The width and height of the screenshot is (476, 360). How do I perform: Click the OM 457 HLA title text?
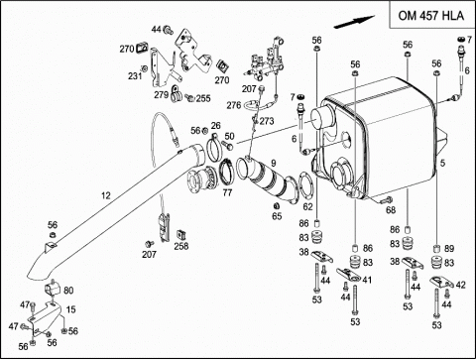431,16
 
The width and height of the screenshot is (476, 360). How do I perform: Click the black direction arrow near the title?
354,22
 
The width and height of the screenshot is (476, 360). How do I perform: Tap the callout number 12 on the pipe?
105,195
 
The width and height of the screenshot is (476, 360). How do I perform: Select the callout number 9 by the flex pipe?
274,163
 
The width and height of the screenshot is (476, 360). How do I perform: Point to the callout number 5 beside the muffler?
442,163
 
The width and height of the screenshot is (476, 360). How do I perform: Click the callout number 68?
391,210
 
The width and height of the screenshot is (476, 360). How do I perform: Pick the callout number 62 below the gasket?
307,207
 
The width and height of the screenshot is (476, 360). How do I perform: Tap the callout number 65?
277,216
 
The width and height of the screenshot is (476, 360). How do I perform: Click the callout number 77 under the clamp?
227,192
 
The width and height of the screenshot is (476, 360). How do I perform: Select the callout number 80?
68,291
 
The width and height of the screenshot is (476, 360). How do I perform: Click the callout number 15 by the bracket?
71,309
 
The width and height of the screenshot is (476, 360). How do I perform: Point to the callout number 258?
181,246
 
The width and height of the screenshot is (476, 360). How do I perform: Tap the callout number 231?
135,76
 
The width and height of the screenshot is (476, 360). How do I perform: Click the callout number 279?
162,95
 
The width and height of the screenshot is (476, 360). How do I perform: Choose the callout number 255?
203,98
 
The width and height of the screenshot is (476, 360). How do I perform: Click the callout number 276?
234,105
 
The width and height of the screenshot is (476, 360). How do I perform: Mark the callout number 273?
267,121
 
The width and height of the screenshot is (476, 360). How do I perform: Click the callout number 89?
449,249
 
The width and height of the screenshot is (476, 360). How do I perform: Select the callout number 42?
460,285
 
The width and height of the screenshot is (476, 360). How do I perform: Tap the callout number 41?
367,280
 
